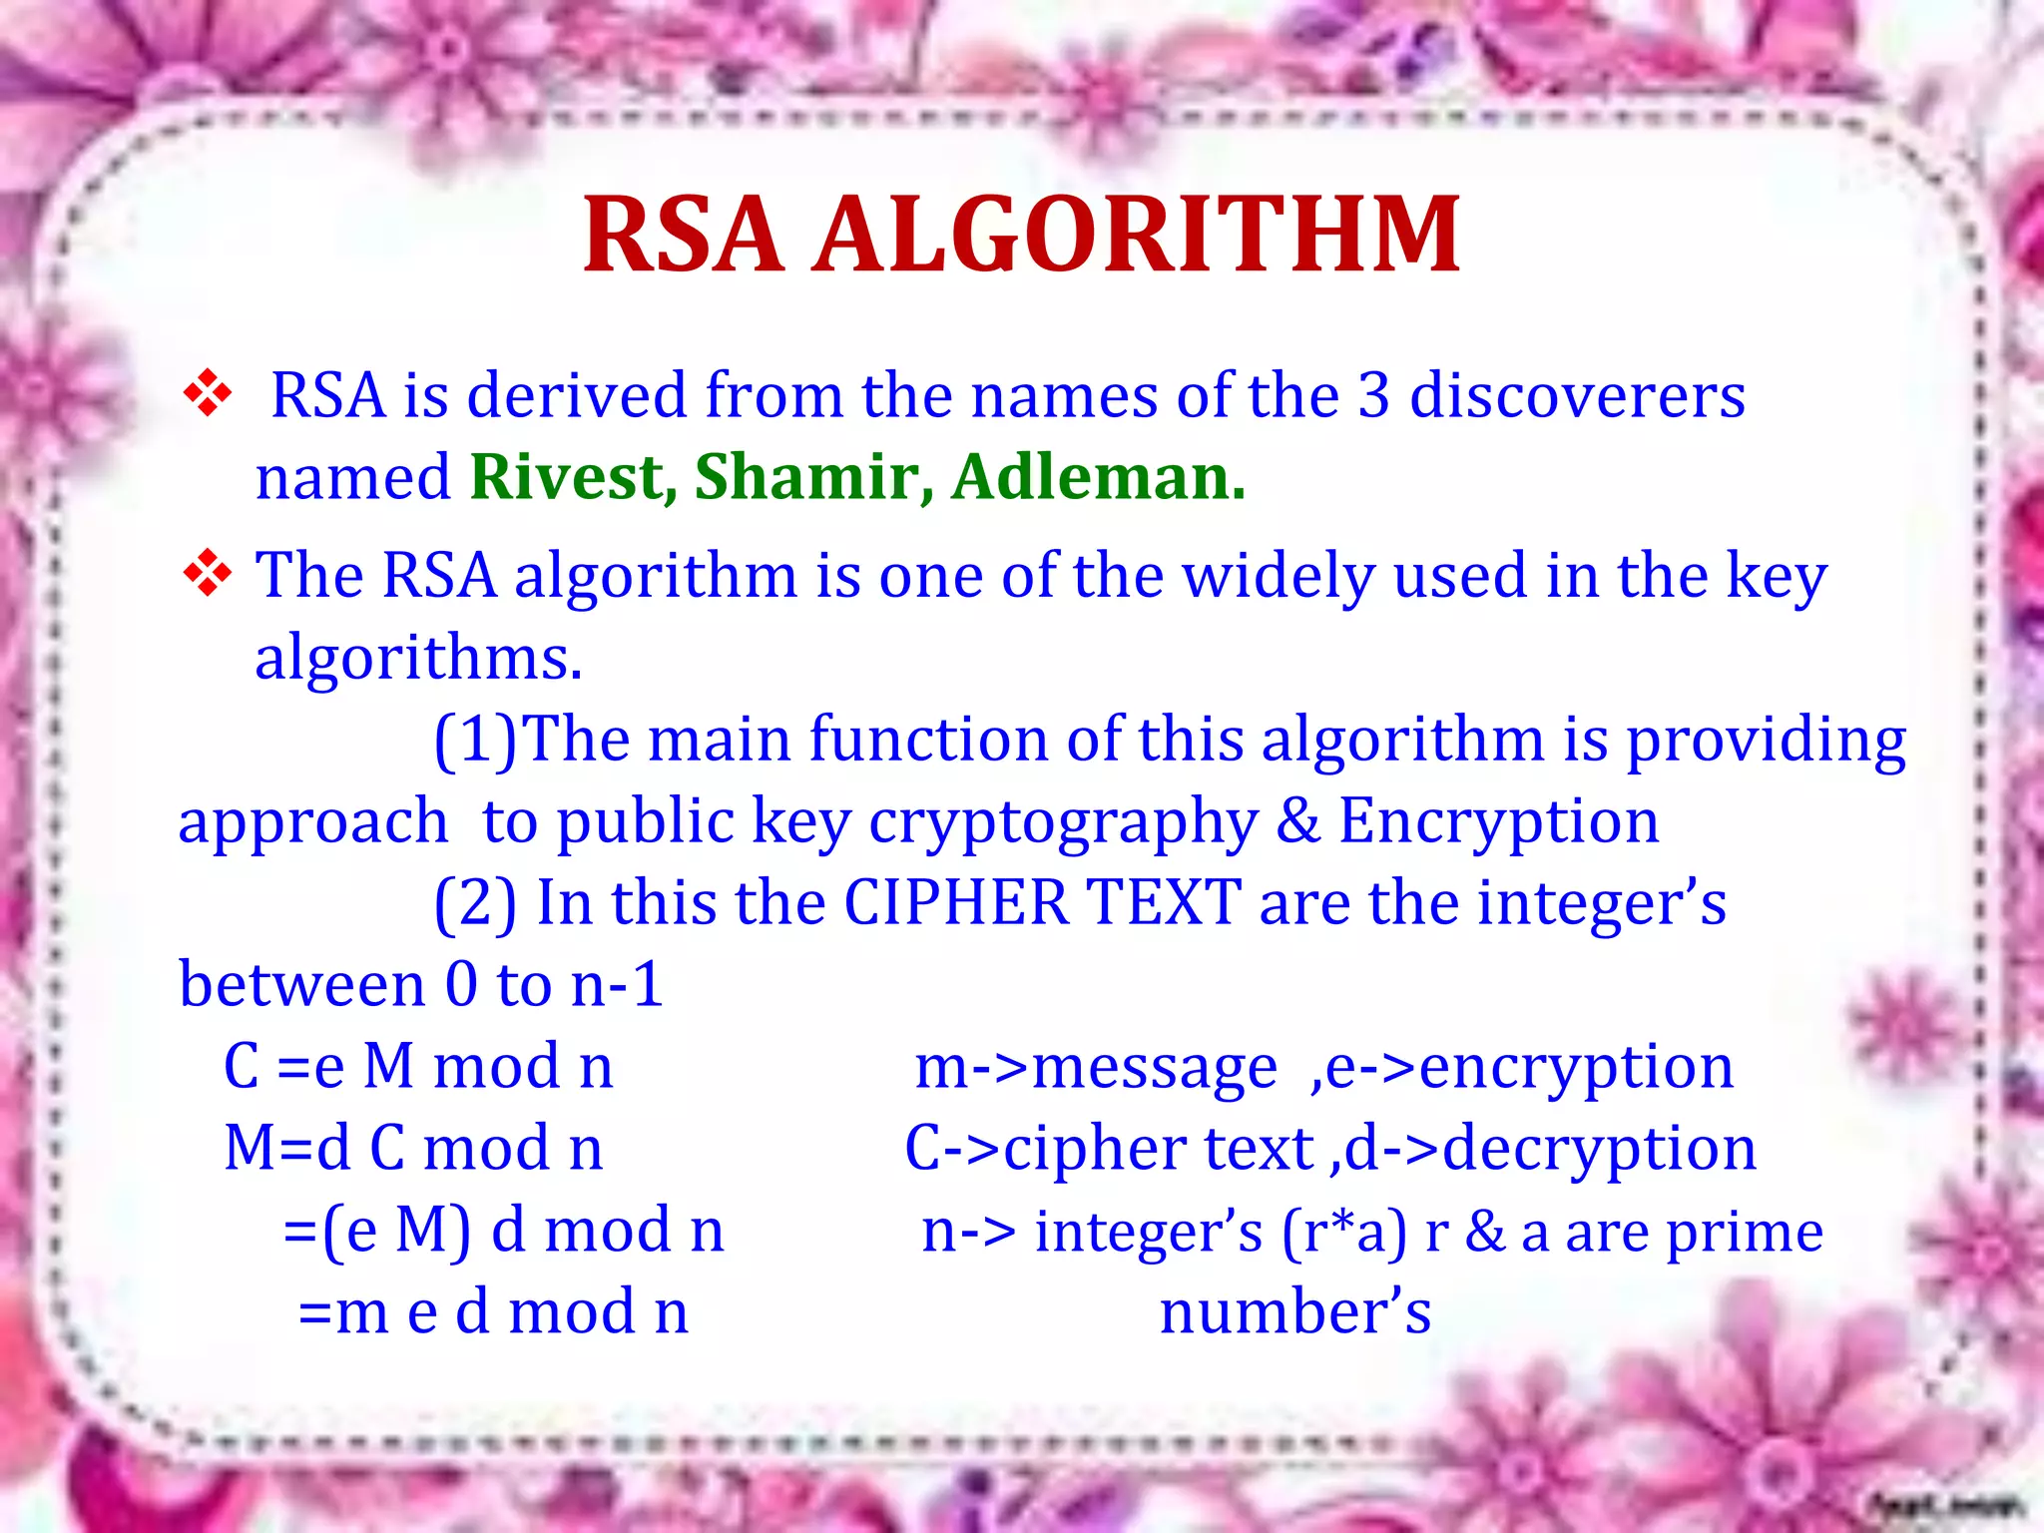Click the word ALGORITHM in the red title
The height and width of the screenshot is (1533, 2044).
1138,235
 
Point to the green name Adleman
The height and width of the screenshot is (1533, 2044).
1097,477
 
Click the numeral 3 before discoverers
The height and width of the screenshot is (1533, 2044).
1373,395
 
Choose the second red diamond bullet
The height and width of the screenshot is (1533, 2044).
208,574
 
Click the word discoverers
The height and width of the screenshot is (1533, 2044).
1577,395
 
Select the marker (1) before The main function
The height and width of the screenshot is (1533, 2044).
476,741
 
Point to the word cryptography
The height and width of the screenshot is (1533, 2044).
1063,822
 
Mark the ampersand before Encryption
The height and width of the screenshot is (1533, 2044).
1297,820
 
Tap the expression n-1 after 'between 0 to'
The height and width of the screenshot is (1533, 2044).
617,985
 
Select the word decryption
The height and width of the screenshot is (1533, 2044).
1599,1149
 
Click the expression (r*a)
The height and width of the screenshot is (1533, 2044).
1343,1232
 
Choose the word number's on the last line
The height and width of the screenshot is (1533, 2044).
1295,1312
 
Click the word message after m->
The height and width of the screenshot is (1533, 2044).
1154,1068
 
